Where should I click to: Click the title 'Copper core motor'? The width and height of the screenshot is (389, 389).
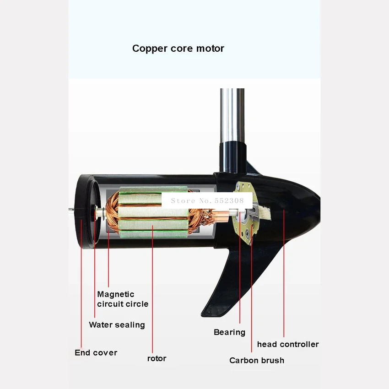[178, 49]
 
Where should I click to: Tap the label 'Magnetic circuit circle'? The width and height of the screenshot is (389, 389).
[122, 299]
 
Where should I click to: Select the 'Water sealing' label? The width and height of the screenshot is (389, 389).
[117, 325]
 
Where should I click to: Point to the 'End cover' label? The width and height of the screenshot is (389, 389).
[96, 353]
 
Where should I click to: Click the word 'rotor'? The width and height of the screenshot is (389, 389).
[157, 358]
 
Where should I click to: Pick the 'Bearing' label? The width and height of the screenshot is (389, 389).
[229, 332]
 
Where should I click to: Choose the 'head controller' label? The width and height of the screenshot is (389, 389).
[287, 344]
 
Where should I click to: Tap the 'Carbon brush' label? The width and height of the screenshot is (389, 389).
[256, 361]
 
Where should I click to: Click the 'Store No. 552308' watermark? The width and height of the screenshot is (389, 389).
[207, 200]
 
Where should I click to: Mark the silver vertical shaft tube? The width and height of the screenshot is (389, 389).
[232, 114]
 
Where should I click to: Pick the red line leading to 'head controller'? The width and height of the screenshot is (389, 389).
[284, 284]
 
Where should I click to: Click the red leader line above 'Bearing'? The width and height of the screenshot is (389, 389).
[240, 284]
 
